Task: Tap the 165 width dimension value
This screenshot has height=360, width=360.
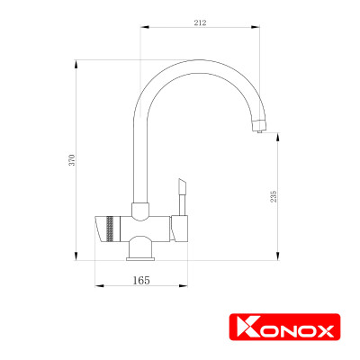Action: coord(140,280)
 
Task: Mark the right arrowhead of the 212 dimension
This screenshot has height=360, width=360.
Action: coord(261,31)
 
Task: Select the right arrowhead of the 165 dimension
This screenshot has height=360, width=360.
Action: coord(188,286)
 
